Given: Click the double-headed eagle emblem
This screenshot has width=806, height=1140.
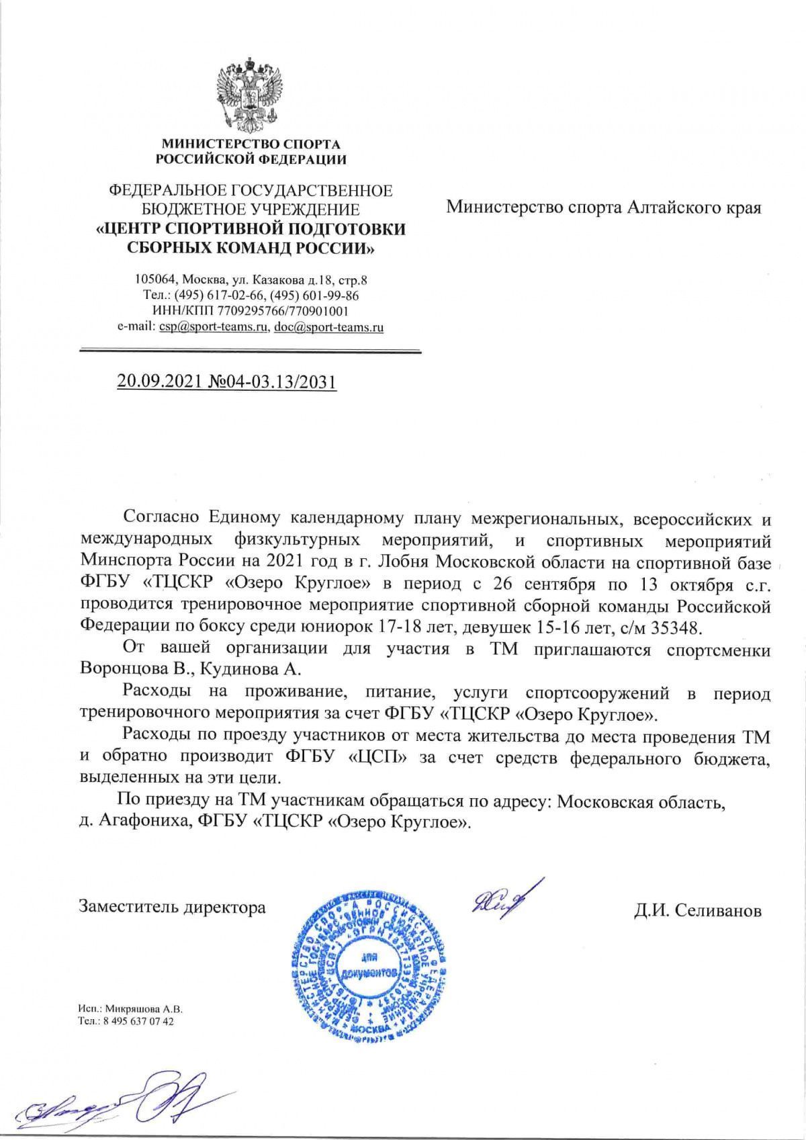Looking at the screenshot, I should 249,95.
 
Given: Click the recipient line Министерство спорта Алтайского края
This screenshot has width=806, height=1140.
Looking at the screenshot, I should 604,207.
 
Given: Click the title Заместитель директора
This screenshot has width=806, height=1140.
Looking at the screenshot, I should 173,908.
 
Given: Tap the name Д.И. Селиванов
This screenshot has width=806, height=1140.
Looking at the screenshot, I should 698,911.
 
